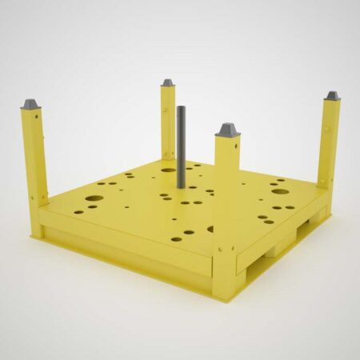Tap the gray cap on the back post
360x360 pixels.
click(x=167, y=82)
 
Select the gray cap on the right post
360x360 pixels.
click(x=331, y=96)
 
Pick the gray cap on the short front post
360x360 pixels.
click(x=226, y=129)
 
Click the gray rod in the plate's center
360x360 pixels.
click(x=182, y=148)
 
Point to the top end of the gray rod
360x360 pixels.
click(x=182, y=108)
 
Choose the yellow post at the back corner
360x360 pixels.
click(x=167, y=120)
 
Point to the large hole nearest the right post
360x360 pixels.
click(x=280, y=190)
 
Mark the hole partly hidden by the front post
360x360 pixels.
click(x=211, y=229)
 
